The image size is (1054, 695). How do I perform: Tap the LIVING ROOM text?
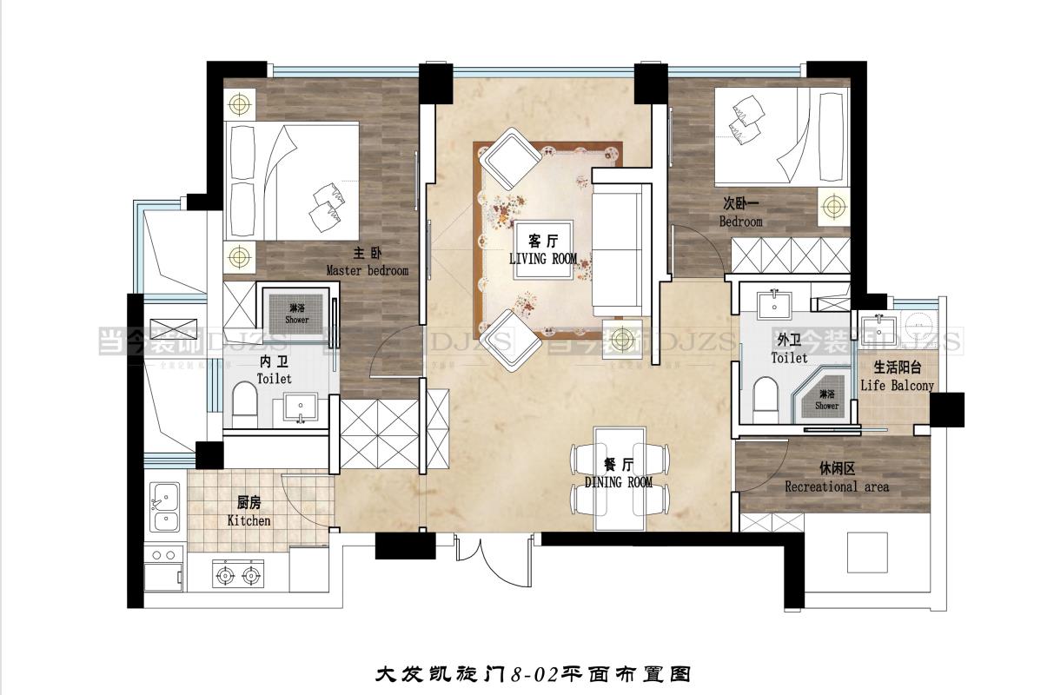pyautogui.click(x=543, y=259)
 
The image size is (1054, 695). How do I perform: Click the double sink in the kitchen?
pyautogui.click(x=163, y=508)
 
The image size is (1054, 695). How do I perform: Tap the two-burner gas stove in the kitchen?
pyautogui.click(x=238, y=573)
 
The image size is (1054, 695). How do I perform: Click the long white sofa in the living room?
pyautogui.click(x=620, y=252)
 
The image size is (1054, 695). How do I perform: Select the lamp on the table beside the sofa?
pyautogui.click(x=622, y=338)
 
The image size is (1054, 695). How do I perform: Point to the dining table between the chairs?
pyautogui.click(x=620, y=479)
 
